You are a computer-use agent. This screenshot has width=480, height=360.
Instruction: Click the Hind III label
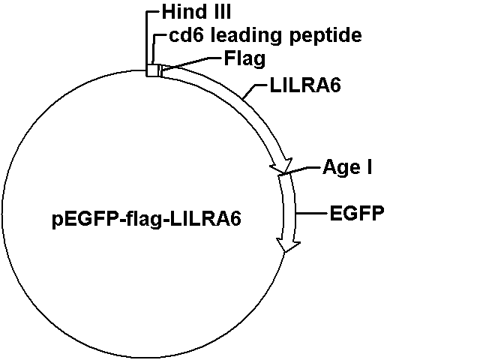(x=196, y=12)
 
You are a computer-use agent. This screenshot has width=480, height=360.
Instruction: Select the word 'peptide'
(x=325, y=36)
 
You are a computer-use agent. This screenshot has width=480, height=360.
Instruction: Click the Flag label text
(x=244, y=58)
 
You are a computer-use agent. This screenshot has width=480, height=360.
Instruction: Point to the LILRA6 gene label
(x=305, y=85)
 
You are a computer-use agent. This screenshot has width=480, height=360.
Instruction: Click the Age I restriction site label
(x=347, y=167)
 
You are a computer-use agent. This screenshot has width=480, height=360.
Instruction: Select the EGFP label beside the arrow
(x=357, y=213)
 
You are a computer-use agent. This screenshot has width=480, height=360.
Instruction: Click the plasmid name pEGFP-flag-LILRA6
(x=147, y=219)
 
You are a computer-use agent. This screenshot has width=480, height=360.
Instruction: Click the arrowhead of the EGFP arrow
(x=288, y=245)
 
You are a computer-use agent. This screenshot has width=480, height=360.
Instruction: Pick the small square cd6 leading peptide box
(x=152, y=70)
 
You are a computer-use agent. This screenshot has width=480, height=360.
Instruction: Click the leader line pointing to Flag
(x=191, y=63)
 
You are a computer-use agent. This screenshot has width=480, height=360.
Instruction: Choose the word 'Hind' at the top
(x=180, y=12)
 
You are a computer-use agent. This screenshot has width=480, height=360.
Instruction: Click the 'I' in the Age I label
(x=370, y=166)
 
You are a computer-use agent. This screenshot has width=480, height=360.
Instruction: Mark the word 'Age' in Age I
(x=342, y=168)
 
